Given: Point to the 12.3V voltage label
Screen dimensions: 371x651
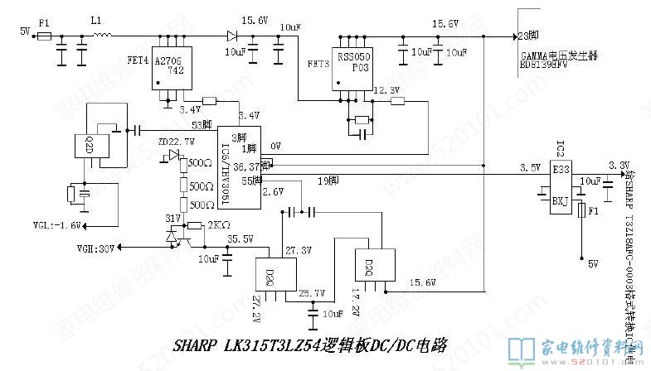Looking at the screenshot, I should coord(387,90).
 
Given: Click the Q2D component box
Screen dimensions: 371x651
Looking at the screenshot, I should coord(87,147).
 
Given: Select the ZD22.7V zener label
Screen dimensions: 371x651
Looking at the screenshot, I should coord(177,142).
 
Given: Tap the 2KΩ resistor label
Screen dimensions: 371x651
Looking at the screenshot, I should coord(219,224).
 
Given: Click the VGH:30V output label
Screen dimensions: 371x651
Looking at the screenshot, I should coord(96,248).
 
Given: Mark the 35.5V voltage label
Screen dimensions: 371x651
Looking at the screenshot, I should coord(240,238).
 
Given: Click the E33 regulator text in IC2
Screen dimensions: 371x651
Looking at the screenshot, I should coord(561,169).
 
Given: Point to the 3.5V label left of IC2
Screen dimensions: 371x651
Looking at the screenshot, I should coord(530,168).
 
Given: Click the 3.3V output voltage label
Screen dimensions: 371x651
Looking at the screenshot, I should coord(619,164).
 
